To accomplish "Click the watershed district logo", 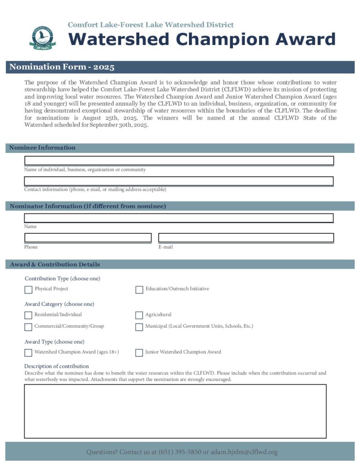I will pos(41,38).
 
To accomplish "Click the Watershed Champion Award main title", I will pos(202,40).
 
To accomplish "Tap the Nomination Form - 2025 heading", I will pos(62,67).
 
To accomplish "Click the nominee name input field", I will pos(179,161).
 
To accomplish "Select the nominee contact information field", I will pos(179,181).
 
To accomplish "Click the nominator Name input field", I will pos(179,218).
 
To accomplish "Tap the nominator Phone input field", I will pos(88,238).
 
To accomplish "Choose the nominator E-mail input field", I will pos(246,238).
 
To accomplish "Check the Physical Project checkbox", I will pos(28,289).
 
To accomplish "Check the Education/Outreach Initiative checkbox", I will pos(139,289).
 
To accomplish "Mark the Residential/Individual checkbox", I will pos(28,315).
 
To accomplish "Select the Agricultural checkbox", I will pos(139,315).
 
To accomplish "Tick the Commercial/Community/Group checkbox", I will pos(28,327).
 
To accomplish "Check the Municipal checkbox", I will pos(139,327).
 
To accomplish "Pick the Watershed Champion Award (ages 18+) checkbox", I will pos(28,352).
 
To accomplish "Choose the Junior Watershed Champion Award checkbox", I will pos(139,352).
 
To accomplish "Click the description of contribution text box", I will pos(175,411).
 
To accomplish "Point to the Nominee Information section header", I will pos(43,148).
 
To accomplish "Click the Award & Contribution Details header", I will pos(55,264).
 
